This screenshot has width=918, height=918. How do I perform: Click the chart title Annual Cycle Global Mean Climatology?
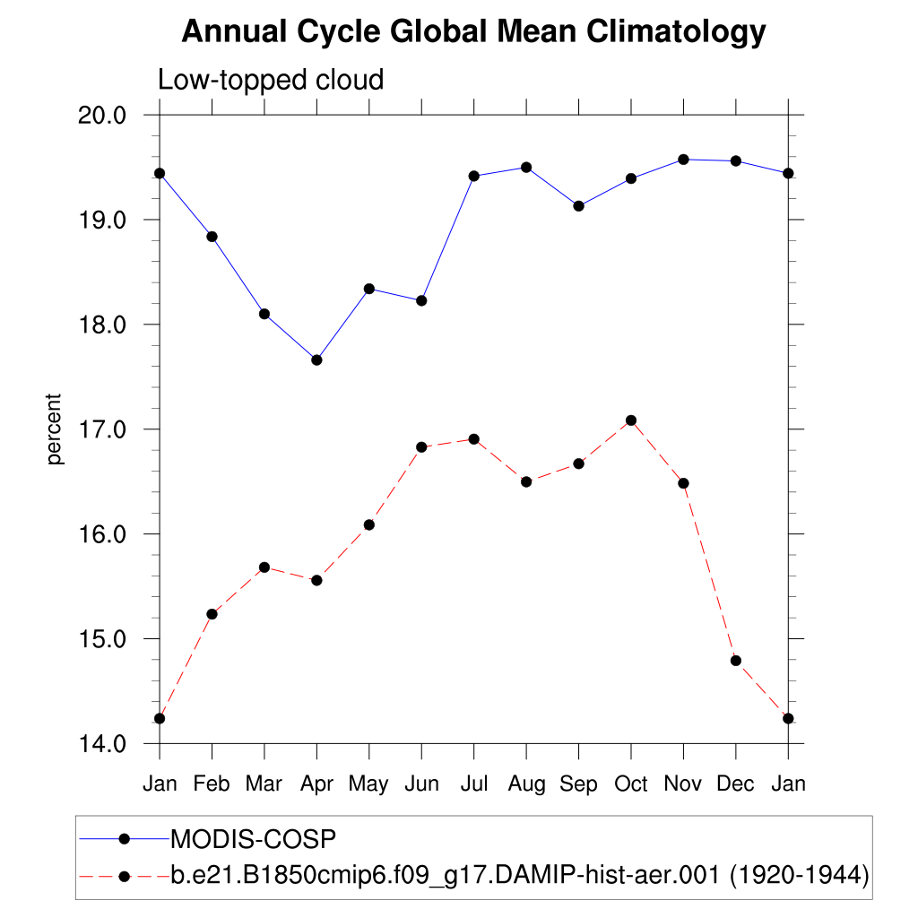[473, 32]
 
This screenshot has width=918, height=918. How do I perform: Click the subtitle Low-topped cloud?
[271, 80]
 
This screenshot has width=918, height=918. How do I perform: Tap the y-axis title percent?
[56, 429]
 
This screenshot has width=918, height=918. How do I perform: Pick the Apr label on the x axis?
[316, 784]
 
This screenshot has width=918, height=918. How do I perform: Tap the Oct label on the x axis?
[631, 784]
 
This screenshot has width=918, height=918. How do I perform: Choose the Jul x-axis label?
[473, 784]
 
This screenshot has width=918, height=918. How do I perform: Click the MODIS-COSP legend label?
[253, 839]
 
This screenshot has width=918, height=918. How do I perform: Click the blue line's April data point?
[316, 359]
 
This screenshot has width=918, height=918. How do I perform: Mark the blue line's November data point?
[683, 160]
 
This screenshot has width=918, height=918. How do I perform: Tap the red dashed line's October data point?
[631, 420]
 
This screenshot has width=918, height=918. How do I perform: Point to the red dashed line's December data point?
[736, 661]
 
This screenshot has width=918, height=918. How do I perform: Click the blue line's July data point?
[473, 176]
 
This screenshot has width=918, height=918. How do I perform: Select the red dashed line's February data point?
[212, 614]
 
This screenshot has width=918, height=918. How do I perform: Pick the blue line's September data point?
[578, 206]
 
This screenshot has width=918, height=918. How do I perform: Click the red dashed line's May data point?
[368, 524]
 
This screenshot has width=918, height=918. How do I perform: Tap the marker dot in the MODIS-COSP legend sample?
[126, 838]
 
